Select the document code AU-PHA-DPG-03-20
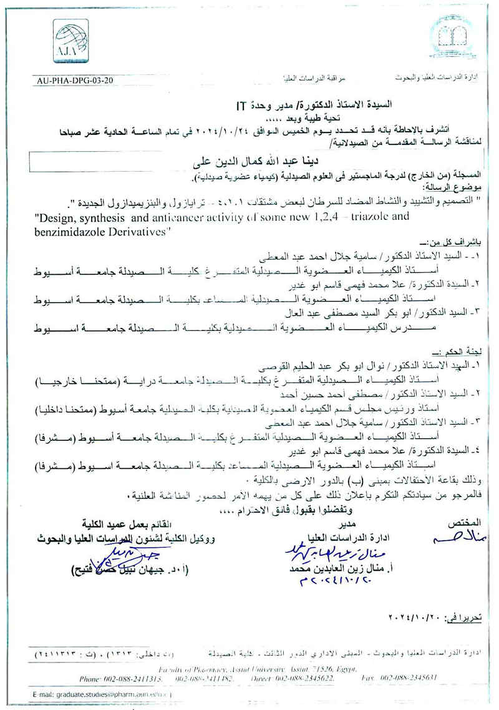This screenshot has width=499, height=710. coord(75,81)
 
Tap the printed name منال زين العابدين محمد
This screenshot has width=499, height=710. coord(324,569)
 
